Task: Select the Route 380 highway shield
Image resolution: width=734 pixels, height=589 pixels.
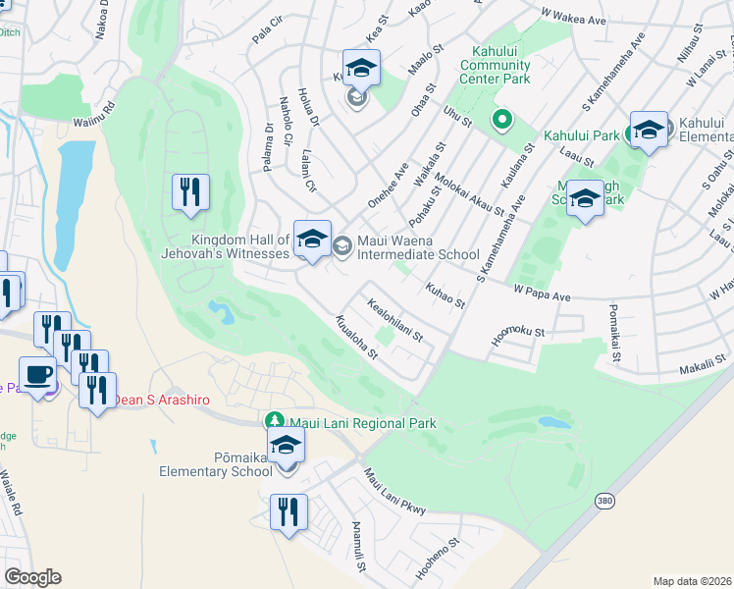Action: coord(603,501)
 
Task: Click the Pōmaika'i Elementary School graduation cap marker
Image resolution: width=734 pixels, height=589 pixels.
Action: coord(286,447)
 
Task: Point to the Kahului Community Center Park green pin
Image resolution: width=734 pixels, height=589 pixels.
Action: coord(502,121)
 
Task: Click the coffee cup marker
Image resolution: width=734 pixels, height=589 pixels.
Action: coord(38,376)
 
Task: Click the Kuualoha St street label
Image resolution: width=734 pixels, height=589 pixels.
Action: coord(355,339)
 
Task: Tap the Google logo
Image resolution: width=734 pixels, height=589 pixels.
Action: coord(32,577)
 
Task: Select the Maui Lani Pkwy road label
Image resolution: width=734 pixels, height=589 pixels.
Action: coord(394,492)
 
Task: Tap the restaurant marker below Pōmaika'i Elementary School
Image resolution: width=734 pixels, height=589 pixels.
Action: coord(289,513)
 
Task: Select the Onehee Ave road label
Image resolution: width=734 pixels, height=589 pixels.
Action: coord(388,186)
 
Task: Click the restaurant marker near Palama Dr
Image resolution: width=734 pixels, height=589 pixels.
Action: coord(190,192)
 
